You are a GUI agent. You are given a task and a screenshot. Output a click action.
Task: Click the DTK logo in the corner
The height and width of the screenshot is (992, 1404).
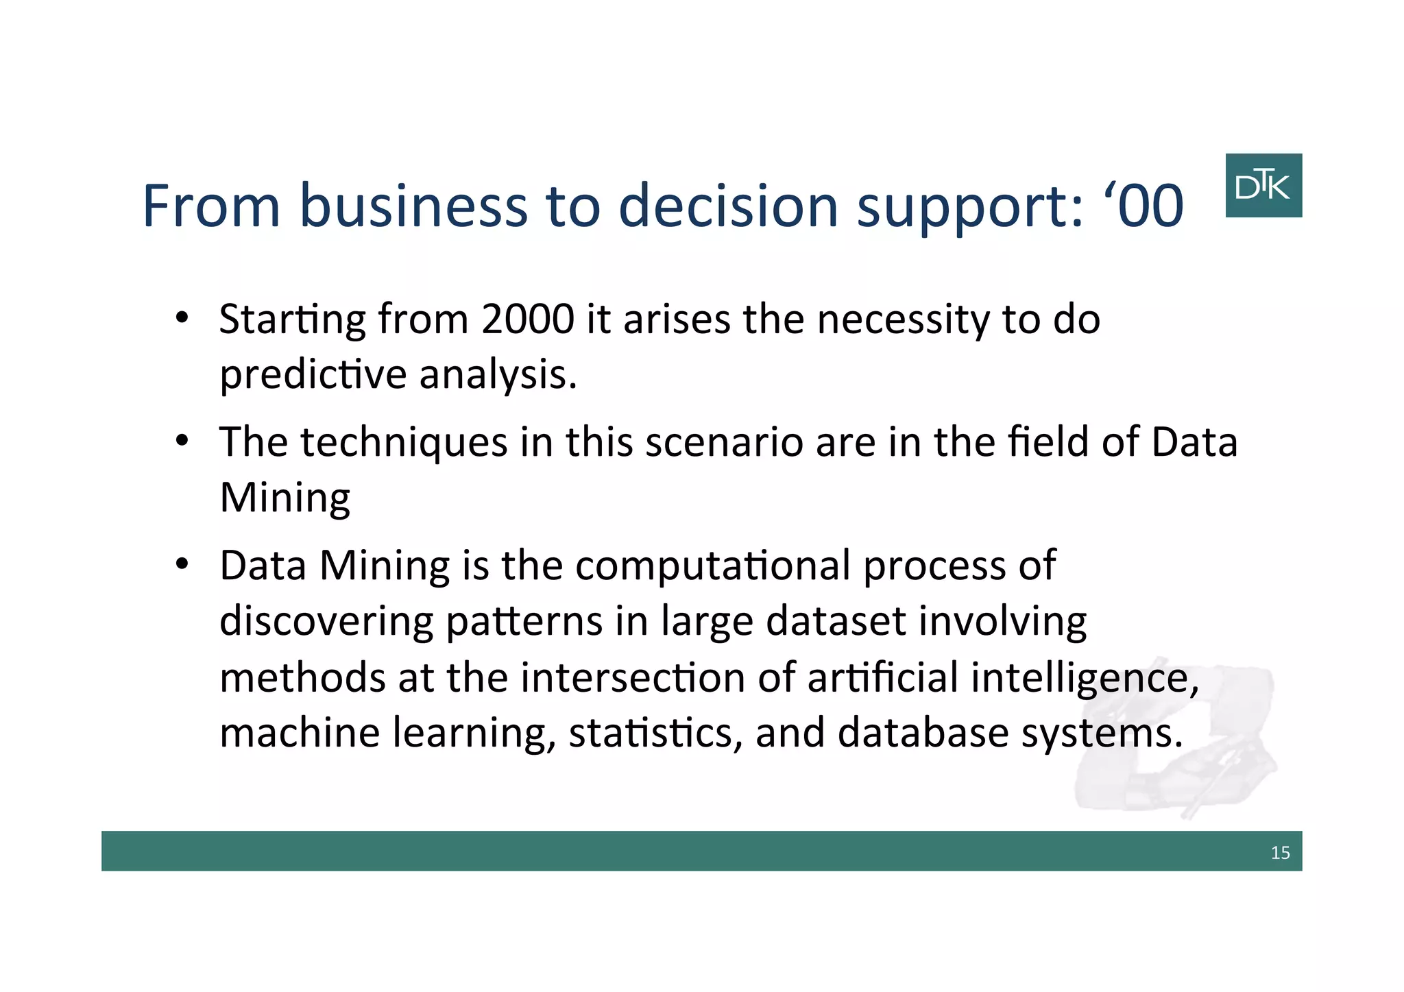point(1263,186)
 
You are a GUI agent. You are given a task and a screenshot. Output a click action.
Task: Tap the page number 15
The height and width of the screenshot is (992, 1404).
point(1280,853)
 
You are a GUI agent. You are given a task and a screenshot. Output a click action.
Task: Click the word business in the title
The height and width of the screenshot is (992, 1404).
point(413,206)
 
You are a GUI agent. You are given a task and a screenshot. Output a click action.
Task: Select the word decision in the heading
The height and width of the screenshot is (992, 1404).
point(728,206)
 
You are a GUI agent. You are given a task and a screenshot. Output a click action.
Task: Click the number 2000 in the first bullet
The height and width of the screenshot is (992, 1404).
point(527,319)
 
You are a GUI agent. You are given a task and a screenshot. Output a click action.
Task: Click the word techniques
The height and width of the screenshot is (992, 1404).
point(404,443)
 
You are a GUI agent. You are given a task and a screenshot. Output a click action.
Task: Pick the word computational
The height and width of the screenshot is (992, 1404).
point(713,567)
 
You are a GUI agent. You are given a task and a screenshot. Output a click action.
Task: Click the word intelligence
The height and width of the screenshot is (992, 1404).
point(1085,678)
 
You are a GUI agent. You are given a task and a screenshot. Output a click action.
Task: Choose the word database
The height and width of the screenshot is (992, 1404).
point(923,733)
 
